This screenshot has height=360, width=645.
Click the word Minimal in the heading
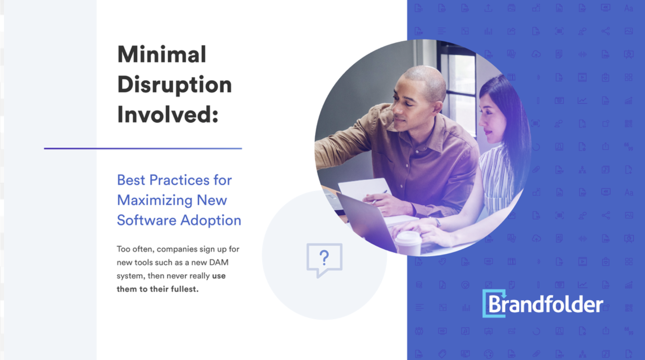162,55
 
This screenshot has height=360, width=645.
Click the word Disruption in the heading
174,85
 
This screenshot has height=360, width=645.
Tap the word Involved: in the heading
168,115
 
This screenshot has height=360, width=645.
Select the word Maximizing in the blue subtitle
155,200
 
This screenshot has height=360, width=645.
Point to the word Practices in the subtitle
179,180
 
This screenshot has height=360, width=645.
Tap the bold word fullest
185,289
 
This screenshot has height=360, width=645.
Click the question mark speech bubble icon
324,259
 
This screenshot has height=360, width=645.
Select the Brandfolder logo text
546,305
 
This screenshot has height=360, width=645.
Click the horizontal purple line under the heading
143,148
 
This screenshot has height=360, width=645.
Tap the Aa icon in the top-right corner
629,8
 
